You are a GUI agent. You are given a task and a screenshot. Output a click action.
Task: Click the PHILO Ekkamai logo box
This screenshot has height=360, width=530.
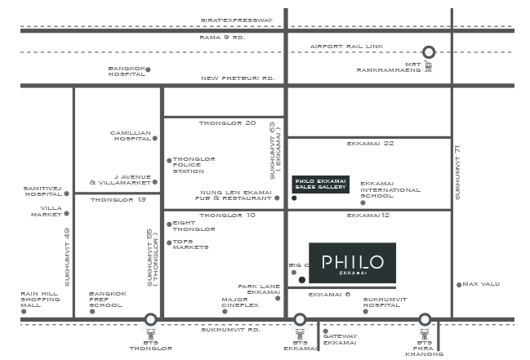tap(353, 264)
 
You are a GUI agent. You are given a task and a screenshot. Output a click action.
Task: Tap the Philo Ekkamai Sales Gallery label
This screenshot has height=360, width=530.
tap(320, 184)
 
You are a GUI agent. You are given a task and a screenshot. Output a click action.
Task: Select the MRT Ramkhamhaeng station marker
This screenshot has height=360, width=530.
tap(430, 53)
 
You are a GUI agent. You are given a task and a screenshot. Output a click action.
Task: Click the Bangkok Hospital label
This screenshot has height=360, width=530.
tap(127, 71)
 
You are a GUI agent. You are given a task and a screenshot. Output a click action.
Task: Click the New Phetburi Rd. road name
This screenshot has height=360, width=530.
tap(238, 78)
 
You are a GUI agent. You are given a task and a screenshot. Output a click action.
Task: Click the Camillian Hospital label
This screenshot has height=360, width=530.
tap(131, 136)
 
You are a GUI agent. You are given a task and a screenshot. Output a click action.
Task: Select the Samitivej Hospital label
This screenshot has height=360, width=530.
tap(42, 191)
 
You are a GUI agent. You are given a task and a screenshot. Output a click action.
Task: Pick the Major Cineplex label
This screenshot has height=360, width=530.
tap(239, 302)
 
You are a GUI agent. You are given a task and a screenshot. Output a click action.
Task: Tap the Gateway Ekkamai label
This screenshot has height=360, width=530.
tap(340, 339)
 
